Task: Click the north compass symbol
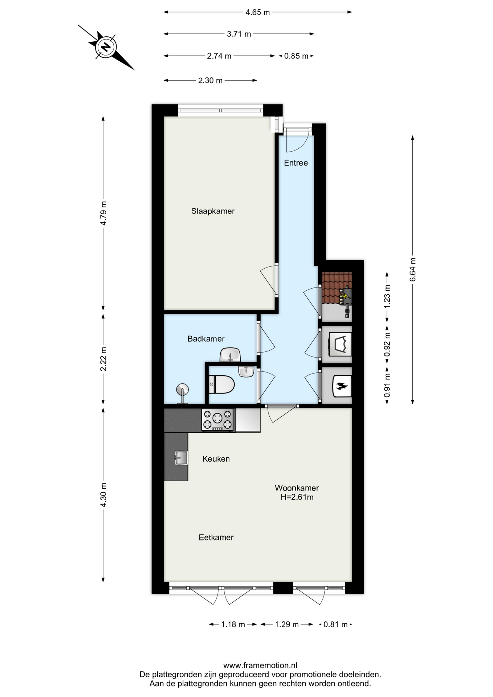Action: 106,47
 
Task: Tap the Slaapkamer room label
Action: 213,211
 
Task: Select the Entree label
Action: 296,163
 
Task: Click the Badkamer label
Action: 206,339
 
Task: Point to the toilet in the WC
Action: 222,384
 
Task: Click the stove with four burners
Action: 217,420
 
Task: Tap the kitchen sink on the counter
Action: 181,458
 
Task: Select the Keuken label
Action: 216,459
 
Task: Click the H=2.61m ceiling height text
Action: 297,497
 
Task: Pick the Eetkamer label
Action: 216,537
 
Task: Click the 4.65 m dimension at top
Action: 258,12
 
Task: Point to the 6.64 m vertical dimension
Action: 412,269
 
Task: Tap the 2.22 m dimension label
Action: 103,359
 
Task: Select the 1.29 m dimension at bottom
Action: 287,624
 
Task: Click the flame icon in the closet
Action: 342,386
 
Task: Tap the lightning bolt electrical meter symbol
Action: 346,296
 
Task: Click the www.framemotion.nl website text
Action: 260,665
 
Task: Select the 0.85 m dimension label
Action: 296,56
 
